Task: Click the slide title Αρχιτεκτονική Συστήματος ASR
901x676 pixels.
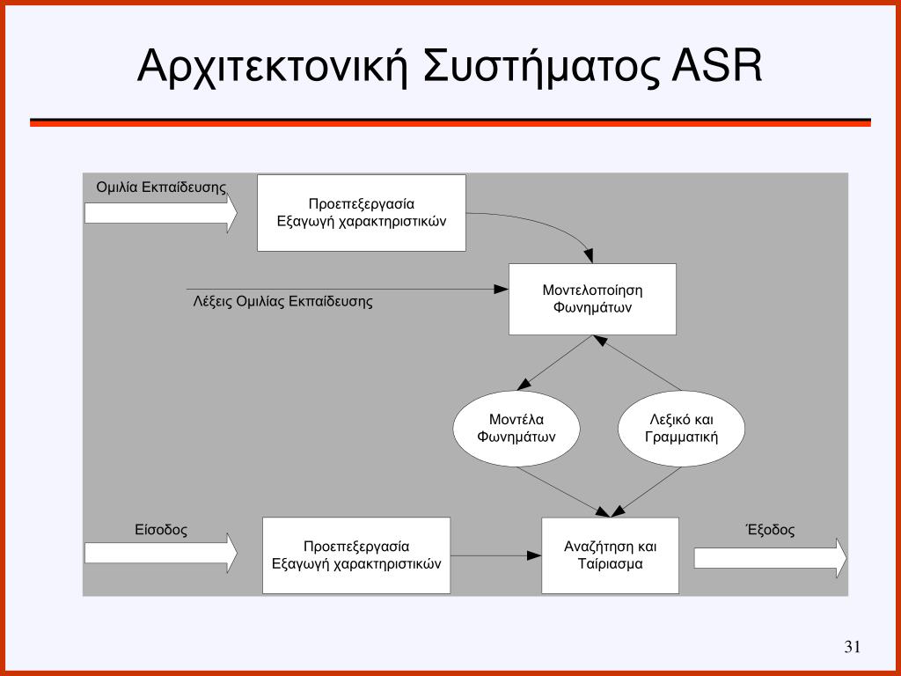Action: coord(450,68)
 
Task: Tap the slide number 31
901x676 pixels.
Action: coord(852,648)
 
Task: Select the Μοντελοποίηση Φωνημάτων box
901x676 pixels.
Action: coord(592,299)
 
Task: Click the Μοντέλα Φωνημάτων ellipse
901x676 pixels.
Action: coord(516,429)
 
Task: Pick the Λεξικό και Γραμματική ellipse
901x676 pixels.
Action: coord(681,429)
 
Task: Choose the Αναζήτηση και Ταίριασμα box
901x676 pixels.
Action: coord(610,555)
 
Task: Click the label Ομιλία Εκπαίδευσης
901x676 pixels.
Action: coord(161,187)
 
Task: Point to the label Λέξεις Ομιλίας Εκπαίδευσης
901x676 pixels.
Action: coord(282,302)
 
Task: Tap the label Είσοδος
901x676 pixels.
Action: coord(161,530)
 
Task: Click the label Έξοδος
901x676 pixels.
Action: coord(770,530)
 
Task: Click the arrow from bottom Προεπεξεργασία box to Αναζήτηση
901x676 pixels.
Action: coord(495,555)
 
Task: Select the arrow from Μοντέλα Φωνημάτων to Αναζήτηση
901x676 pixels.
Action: coord(563,491)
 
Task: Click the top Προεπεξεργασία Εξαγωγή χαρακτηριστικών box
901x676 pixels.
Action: coord(361,213)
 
